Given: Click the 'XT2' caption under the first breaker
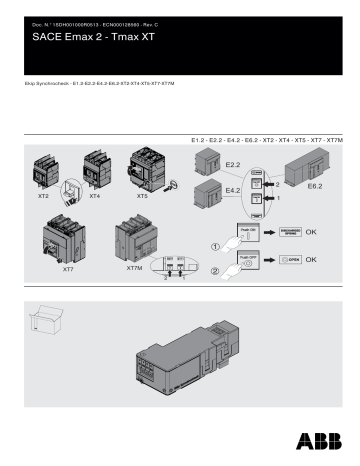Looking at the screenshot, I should pyautogui.click(x=42, y=198).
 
